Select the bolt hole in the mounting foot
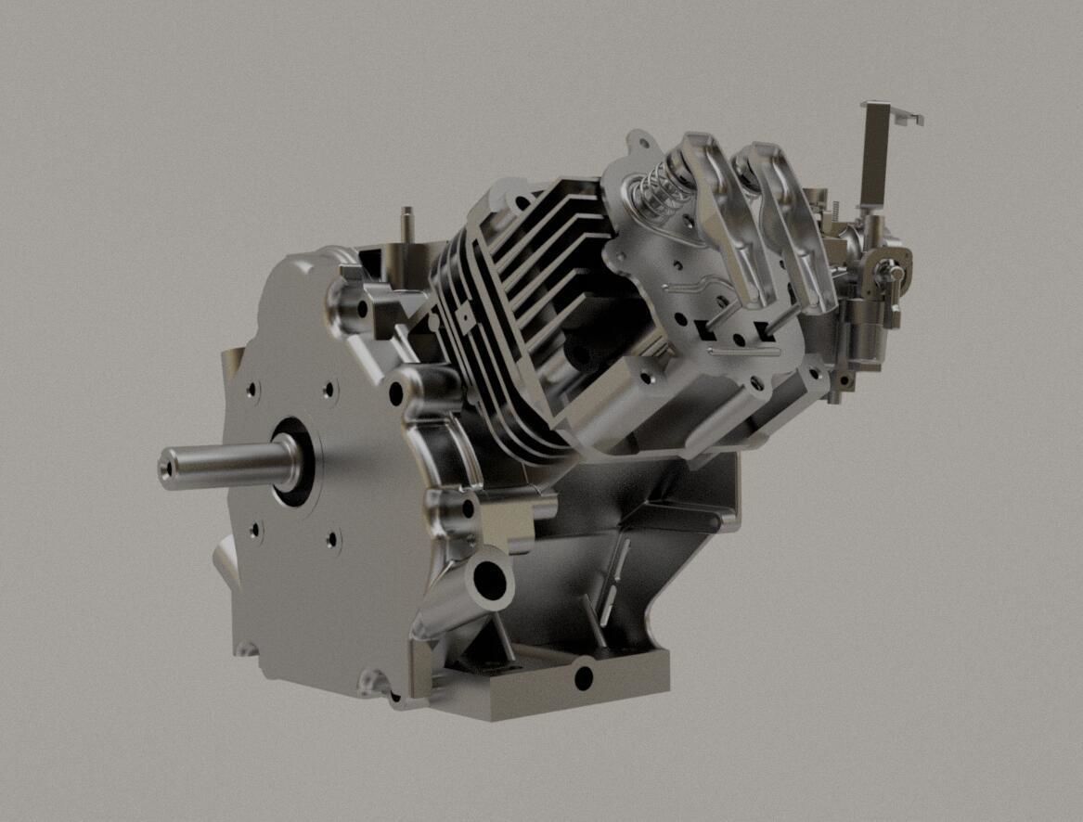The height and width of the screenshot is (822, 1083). (583, 678)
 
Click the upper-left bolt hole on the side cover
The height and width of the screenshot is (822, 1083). (252, 391)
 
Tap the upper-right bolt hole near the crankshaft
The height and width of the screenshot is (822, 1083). (329, 391)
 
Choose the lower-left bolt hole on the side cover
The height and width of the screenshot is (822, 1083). (255, 531)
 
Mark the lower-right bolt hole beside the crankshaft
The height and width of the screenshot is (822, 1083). (332, 538)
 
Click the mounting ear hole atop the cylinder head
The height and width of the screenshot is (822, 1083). (637, 145)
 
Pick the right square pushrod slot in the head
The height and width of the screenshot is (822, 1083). (763, 327)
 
